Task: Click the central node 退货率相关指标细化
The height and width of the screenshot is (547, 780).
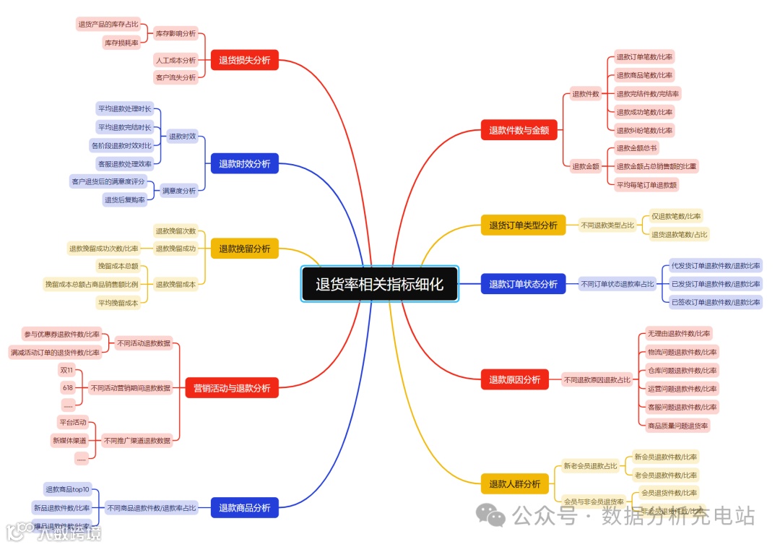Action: (379, 284)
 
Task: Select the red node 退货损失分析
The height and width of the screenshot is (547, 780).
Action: (244, 60)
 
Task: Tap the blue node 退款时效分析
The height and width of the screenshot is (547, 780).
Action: (244, 164)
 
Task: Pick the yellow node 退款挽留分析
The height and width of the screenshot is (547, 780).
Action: (244, 249)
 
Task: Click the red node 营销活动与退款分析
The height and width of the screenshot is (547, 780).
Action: (231, 388)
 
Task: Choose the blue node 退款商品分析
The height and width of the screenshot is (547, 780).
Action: (244, 508)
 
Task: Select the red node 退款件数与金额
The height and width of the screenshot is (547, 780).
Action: (519, 130)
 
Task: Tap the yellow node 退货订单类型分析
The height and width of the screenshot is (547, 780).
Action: (523, 225)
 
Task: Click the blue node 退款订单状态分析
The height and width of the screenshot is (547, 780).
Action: (523, 284)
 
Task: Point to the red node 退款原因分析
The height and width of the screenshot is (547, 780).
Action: (514, 379)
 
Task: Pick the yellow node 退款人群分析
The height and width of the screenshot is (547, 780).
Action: (514, 484)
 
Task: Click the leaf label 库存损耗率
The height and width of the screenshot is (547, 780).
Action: (121, 43)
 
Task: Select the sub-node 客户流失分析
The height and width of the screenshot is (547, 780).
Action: (175, 77)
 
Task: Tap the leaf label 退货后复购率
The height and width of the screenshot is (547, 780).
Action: (125, 199)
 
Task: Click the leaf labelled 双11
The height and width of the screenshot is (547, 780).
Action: (67, 369)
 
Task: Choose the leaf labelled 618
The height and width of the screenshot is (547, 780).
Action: (67, 387)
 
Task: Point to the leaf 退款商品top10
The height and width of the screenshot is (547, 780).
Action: (67, 489)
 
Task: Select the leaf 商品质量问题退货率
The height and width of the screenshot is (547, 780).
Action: (677, 426)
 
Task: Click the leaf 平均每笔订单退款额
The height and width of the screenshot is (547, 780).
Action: (646, 185)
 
